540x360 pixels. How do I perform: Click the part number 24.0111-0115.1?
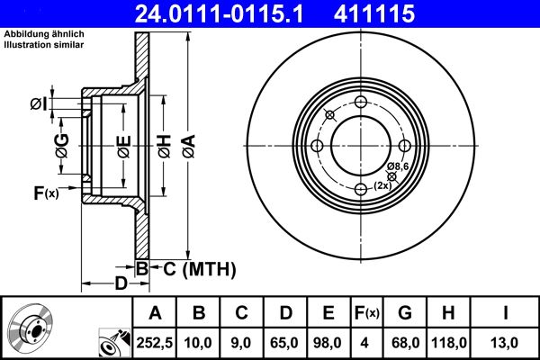(x=233, y=13)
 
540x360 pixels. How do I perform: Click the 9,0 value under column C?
(x=241, y=341)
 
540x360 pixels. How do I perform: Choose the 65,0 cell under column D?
(x=285, y=341)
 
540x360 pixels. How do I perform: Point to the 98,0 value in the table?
(x=328, y=341)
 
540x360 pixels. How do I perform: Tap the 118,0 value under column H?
(x=450, y=341)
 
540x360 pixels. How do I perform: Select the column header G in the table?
(x=405, y=313)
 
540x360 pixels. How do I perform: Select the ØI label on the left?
(x=38, y=105)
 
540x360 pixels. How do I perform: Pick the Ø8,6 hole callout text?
(x=398, y=167)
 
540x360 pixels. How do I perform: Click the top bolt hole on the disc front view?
(x=361, y=103)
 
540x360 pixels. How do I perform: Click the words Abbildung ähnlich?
(x=43, y=33)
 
